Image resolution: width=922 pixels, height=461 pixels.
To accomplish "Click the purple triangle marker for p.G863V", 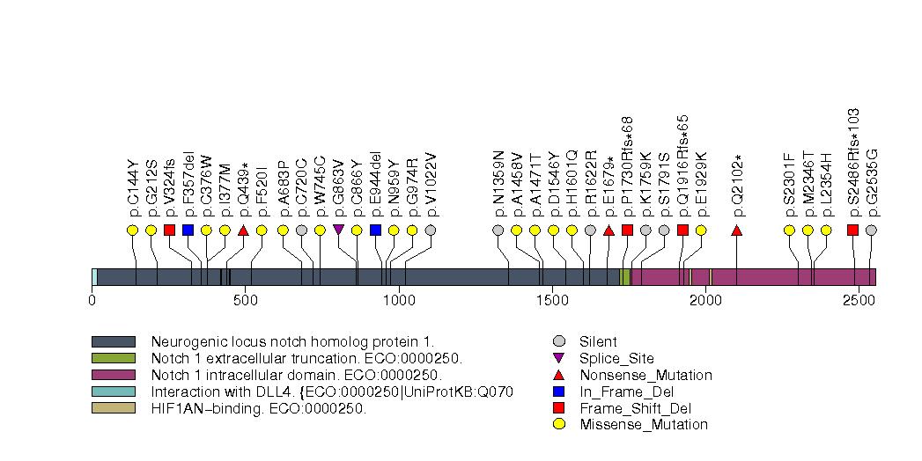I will tap(339, 230).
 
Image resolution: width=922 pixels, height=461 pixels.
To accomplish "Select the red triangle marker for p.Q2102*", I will tap(737, 230).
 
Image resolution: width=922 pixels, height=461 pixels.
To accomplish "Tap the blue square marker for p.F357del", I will tap(188, 230).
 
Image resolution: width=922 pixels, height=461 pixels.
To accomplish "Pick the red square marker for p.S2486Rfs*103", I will tap(852, 230).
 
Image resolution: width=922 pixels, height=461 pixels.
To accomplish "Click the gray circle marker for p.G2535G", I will tap(871, 230).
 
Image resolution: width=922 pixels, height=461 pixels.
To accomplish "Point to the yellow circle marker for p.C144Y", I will tap(132, 230).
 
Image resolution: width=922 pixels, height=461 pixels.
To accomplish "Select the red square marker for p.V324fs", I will tap(169, 230).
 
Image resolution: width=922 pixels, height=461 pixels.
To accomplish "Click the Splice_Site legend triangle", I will tap(558, 358).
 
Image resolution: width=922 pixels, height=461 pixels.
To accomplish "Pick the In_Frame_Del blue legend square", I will tap(558, 391).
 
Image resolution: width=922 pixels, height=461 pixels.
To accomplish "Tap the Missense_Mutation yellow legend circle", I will tap(558, 424).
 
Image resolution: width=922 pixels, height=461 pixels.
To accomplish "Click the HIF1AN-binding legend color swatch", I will tap(113, 408).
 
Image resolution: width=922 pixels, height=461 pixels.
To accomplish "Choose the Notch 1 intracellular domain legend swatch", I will tap(113, 375).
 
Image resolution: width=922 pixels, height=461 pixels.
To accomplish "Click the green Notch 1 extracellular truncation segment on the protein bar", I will tap(624, 277).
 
